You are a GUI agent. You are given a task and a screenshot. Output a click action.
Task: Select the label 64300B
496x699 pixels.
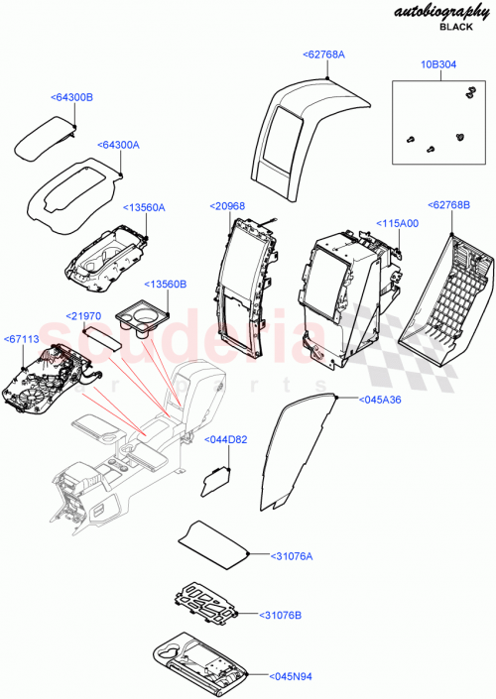click(x=71, y=98)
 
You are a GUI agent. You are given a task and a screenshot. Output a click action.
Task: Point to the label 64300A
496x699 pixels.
click(x=118, y=146)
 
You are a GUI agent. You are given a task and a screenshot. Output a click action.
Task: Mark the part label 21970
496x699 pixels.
click(x=85, y=315)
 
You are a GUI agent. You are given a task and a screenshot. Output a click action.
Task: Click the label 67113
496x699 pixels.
click(x=24, y=338)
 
